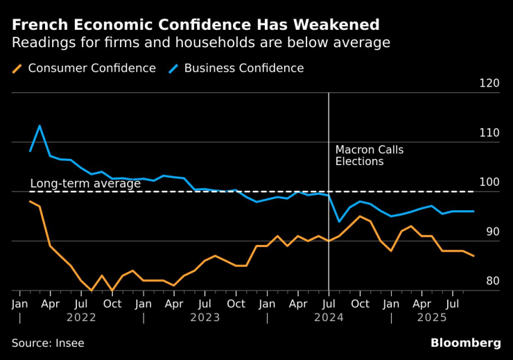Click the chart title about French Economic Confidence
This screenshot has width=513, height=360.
[x=195, y=25]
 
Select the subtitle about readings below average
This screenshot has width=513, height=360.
[x=201, y=43]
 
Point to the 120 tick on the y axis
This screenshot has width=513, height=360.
[x=489, y=83]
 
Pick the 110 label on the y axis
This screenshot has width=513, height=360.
[x=489, y=132]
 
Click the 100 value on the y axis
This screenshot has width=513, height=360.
[x=489, y=182]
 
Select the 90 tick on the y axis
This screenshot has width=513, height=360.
[x=491, y=232]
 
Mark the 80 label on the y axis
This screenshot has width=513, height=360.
[x=491, y=281]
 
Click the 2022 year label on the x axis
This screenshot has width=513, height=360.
[x=81, y=318]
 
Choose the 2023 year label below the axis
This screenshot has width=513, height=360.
[x=205, y=318]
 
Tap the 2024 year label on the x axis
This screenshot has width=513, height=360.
[x=328, y=318]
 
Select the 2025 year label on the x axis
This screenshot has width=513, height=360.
[x=431, y=318]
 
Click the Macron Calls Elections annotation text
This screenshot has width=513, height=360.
[x=369, y=155]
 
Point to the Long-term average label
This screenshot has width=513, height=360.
[x=85, y=184]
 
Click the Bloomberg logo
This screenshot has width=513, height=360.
[x=465, y=343]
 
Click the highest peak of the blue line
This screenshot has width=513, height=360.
[x=40, y=126]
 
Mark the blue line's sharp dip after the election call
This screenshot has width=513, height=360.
[x=338, y=222]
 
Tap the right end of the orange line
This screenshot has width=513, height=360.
[x=473, y=256]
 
